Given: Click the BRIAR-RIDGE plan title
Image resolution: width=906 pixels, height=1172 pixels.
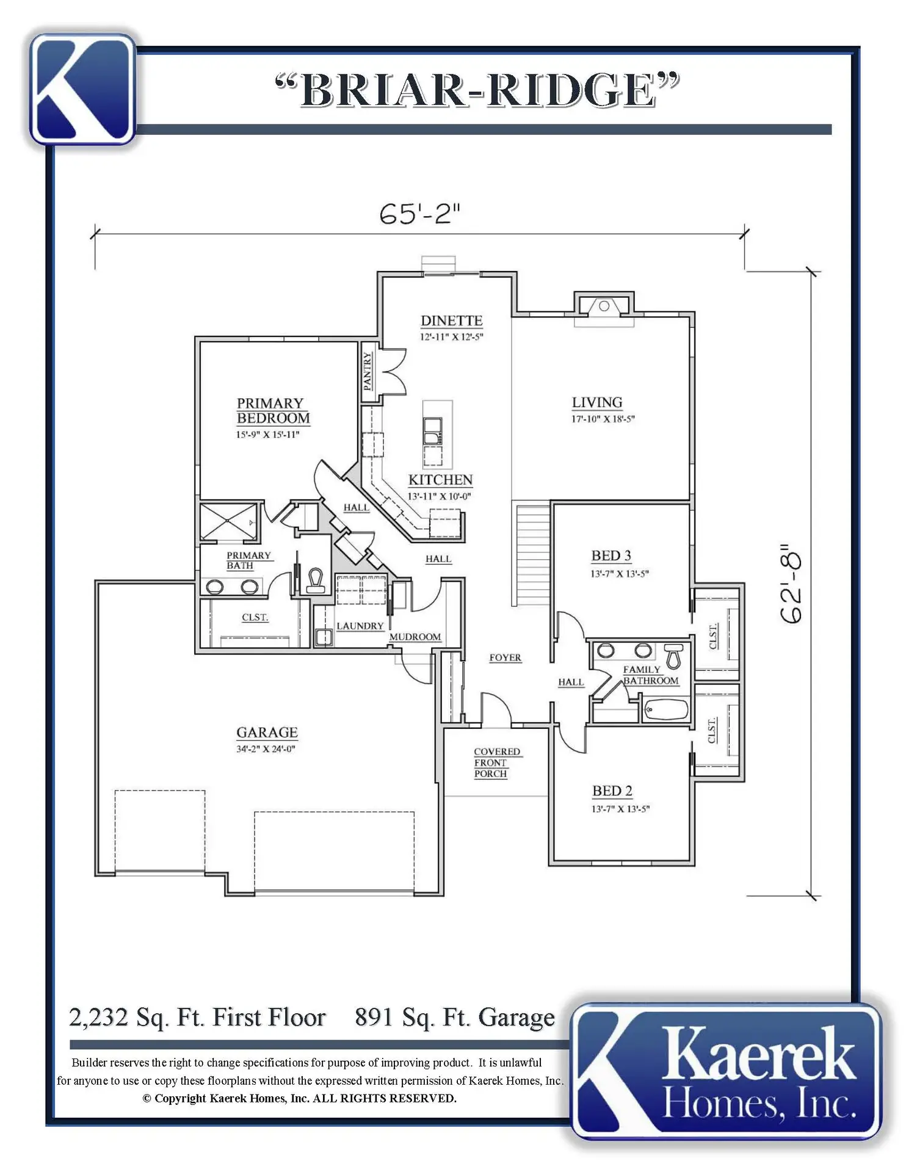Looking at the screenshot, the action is pos(477,90).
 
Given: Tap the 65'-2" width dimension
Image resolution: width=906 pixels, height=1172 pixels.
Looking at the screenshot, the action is pos(419,214).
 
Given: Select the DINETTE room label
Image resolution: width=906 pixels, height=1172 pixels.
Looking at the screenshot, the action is pos(451,320).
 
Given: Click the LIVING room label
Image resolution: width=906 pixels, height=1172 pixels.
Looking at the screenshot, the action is pos(597,402).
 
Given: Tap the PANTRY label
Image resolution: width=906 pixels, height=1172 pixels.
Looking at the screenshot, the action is pos(367,371).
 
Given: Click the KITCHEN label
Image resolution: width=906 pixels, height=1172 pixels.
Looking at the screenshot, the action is pos(440,480).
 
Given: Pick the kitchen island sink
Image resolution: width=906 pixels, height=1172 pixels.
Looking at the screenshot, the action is pos(433,431).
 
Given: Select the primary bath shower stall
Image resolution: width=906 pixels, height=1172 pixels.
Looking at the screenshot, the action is pos(228,521).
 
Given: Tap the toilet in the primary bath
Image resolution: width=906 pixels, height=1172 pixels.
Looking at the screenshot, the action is pos(316,581).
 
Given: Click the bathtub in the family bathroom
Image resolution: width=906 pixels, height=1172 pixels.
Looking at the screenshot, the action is pos(667,710).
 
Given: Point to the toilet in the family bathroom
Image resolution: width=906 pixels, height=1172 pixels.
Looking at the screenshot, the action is pos(673,656).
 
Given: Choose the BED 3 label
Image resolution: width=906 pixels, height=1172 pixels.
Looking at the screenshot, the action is pos(611,555).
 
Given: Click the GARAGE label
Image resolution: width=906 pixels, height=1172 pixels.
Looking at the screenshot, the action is pos(267,732).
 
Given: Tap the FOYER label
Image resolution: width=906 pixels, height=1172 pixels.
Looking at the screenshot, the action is pos(505,657).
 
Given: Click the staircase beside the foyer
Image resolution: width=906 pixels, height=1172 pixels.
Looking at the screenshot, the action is pos(533,554).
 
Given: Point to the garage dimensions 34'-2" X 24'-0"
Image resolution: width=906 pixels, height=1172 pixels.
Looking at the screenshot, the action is pos(266,749).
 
